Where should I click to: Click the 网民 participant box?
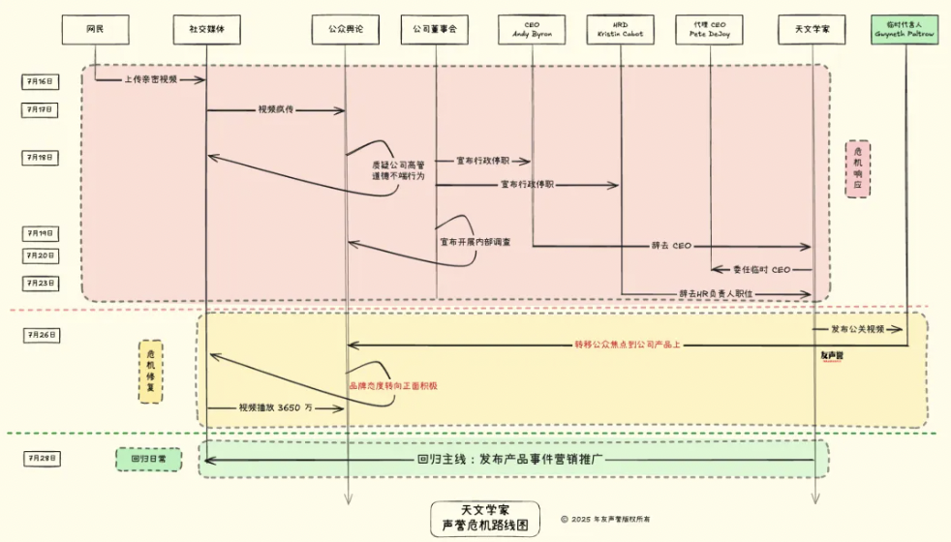click(x=94, y=30)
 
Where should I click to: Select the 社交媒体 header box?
click(x=206, y=30)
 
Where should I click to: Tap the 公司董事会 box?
click(x=436, y=30)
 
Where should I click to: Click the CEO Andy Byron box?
click(x=531, y=30)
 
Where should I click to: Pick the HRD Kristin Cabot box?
click(x=620, y=30)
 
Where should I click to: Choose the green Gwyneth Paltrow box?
click(x=905, y=30)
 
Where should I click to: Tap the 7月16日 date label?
click(x=41, y=81)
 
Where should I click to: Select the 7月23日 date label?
click(x=41, y=284)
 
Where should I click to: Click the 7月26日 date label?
click(x=41, y=335)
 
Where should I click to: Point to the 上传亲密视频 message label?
click(x=150, y=79)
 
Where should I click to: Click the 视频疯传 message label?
click(x=275, y=110)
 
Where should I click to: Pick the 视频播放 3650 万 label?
click(x=275, y=408)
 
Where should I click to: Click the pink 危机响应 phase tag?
click(x=857, y=169)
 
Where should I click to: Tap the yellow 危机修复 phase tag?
click(x=150, y=371)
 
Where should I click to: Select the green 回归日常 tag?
click(x=148, y=459)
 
